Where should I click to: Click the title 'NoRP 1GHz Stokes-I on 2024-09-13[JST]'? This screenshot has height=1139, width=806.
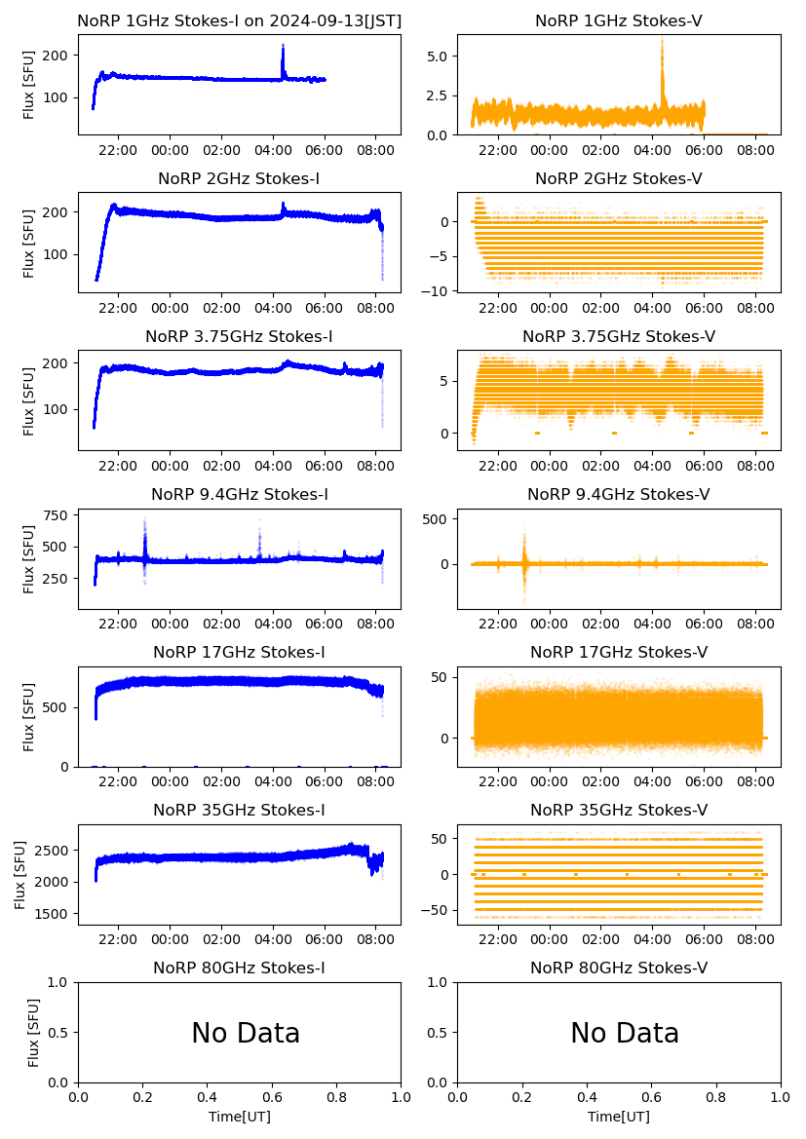[239, 20]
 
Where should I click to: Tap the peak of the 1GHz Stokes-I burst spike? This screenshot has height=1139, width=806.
[283, 46]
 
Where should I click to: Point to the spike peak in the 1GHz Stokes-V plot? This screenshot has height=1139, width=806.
[662, 39]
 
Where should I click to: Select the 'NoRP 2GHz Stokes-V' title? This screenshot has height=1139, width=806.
[619, 178]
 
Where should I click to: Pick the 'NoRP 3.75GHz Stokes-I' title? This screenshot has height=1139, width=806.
[239, 336]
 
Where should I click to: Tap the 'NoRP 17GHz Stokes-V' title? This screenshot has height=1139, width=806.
[619, 652]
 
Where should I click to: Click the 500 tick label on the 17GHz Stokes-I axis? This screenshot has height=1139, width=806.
[58, 706]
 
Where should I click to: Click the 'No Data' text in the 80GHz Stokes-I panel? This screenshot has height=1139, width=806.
[246, 1033]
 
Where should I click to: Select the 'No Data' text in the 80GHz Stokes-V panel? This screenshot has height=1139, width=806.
[625, 1033]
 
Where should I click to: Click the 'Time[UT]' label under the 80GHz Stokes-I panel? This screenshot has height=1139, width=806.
[239, 1117]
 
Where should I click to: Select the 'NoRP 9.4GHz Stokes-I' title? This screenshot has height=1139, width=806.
[239, 494]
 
